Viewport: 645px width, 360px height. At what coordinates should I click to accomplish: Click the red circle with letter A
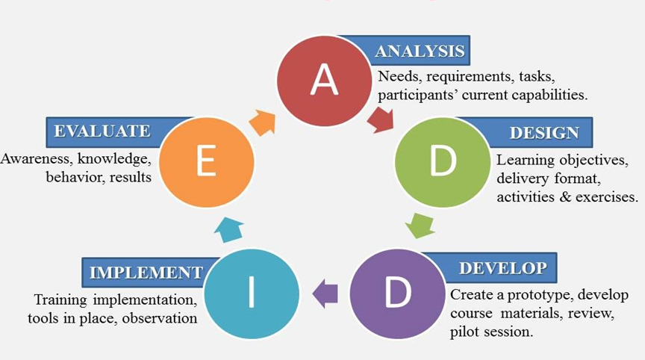(x=324, y=80)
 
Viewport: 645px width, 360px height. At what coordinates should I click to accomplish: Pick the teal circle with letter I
(x=251, y=293)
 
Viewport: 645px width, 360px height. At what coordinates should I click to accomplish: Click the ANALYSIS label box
(x=420, y=51)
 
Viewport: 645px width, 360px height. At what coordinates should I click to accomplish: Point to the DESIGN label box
(x=544, y=132)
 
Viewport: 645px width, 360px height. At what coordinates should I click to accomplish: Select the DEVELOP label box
(x=502, y=267)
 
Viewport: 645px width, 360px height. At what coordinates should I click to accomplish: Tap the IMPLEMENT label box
(x=146, y=272)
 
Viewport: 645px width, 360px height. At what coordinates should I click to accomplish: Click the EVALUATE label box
(x=102, y=131)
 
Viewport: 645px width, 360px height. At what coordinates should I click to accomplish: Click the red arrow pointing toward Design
(x=381, y=120)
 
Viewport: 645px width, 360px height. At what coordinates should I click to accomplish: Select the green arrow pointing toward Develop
(x=422, y=225)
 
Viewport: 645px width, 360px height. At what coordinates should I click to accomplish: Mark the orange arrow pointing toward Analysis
(x=262, y=121)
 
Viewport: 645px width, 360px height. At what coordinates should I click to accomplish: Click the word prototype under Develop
(x=527, y=294)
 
